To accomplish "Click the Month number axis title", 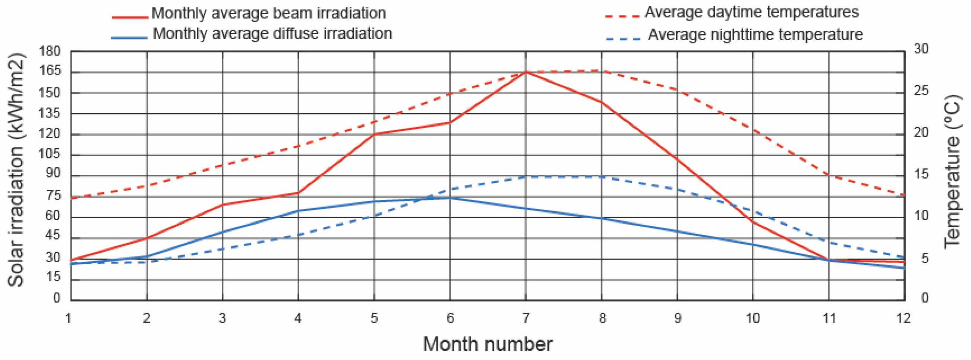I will pyautogui.click(x=488, y=344).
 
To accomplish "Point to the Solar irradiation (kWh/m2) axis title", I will pyautogui.click(x=16, y=170).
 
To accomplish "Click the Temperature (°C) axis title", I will pyautogui.click(x=952, y=171).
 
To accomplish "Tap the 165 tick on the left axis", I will pyautogui.click(x=49, y=70).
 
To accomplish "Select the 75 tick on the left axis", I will pyautogui.click(x=53, y=196).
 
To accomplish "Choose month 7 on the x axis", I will pyautogui.click(x=526, y=318).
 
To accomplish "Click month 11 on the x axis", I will pyautogui.click(x=829, y=318).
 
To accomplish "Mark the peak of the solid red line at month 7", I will pyautogui.click(x=526, y=72).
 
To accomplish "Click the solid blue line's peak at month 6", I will pyautogui.click(x=450, y=198).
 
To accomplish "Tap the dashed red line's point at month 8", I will pyautogui.click(x=602, y=70).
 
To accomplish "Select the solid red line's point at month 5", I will pyautogui.click(x=374, y=134).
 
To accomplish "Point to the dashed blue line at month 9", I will pyautogui.click(x=677, y=189).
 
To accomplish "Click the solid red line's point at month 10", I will pyautogui.click(x=753, y=222).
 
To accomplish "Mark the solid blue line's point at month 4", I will pyautogui.click(x=299, y=211).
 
